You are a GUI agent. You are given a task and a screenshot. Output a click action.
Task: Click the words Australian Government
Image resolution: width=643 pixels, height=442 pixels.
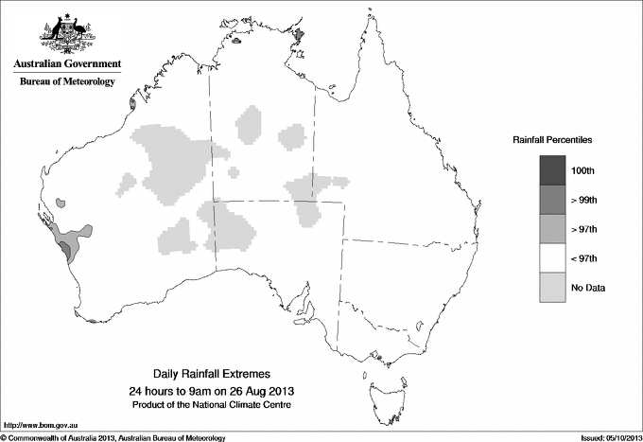point(67,64)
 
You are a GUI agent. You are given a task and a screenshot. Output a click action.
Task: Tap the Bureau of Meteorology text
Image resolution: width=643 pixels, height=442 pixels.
point(67,82)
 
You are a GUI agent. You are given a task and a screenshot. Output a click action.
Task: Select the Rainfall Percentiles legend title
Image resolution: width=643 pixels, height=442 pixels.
point(552,140)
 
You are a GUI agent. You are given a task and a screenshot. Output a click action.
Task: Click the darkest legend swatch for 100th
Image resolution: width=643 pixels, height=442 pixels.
point(553,170)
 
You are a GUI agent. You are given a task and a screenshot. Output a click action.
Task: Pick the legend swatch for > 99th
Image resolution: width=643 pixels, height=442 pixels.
point(553,200)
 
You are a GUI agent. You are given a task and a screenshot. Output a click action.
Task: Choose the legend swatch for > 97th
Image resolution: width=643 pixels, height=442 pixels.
point(553,229)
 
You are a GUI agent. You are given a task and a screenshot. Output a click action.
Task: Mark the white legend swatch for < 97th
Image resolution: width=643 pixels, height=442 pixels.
point(553,258)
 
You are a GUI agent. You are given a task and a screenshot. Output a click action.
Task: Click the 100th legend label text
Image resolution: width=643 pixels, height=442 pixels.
point(583,171)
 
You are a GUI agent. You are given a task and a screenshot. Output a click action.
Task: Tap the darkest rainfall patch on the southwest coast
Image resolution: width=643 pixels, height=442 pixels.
point(65,250)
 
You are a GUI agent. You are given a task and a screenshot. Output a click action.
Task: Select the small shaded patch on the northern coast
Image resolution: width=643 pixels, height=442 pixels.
point(300,35)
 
